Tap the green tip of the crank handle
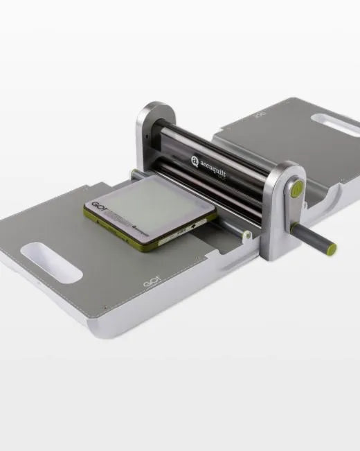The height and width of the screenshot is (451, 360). [x=332, y=248]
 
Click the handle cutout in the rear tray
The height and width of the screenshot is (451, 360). [x=334, y=125]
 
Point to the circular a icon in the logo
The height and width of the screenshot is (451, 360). [x=195, y=161]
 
